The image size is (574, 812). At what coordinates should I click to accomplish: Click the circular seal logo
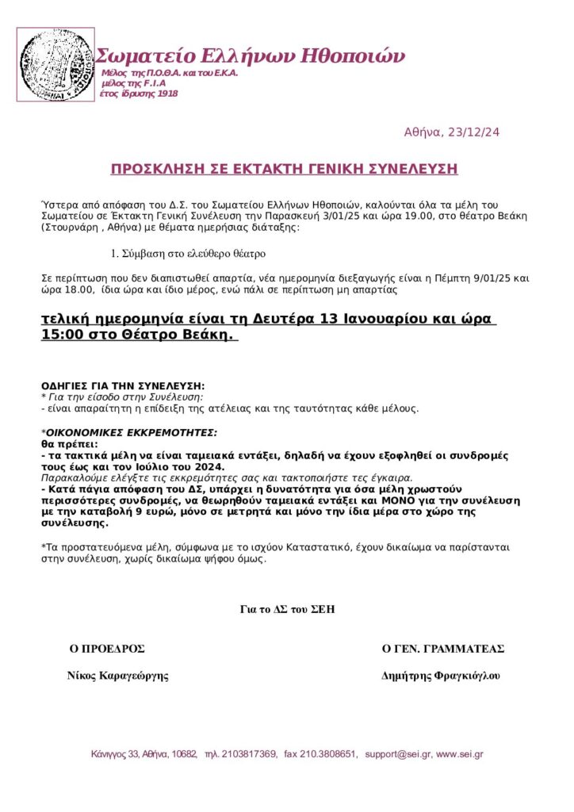(x=55, y=64)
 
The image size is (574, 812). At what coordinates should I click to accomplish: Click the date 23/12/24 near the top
(x=475, y=132)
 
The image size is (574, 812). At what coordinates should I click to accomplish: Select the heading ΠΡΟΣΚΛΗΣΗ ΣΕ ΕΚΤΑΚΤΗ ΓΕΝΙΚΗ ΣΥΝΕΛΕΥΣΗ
(x=284, y=169)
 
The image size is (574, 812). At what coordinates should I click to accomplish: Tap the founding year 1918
(x=166, y=94)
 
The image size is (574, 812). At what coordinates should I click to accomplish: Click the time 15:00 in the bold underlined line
(x=57, y=335)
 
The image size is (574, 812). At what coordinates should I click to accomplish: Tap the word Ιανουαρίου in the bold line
(x=380, y=320)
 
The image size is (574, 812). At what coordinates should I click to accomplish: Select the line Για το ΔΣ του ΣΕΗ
(x=287, y=609)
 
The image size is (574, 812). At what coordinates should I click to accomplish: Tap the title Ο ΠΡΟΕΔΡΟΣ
(x=107, y=648)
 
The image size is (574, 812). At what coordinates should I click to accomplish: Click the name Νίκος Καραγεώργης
(x=117, y=676)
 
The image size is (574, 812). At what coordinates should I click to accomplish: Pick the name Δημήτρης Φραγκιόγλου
(x=441, y=676)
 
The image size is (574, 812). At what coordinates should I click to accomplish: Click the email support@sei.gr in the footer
(x=397, y=753)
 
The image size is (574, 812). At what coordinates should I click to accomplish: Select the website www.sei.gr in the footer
(x=460, y=753)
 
